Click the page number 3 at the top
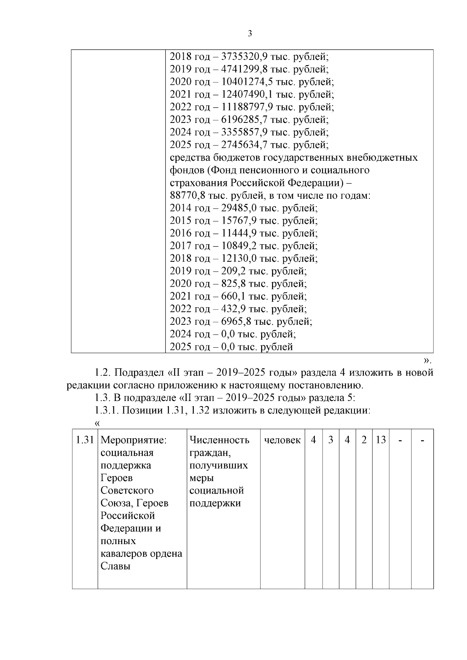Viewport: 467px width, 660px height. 250,34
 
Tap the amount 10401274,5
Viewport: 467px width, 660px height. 247,82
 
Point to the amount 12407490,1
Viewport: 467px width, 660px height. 247,95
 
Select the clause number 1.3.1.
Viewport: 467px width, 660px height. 107,411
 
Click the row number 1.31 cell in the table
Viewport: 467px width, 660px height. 85,440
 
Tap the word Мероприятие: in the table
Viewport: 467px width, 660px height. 133,440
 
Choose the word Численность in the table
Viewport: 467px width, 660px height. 219,440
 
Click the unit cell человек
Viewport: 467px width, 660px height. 282,440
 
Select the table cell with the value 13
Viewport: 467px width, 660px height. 381,440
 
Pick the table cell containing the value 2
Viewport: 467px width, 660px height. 364,440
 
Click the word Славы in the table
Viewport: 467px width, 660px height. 115,566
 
